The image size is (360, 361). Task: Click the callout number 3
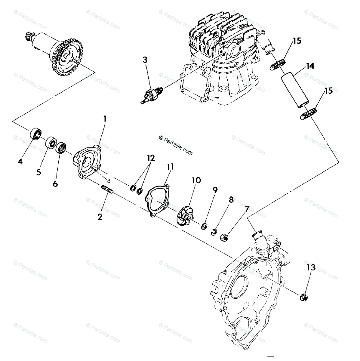145,60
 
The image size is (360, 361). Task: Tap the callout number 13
311,267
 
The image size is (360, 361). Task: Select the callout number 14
311,66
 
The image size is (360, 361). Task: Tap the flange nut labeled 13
303,296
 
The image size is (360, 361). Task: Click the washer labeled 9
205,226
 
